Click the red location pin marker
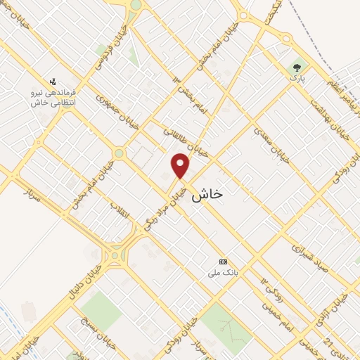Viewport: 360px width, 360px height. point(181,165)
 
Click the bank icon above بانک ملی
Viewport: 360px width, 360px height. point(224,261)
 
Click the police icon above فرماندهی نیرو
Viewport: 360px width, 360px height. point(53,81)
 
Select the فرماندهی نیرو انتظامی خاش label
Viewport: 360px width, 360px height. point(53,97)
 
